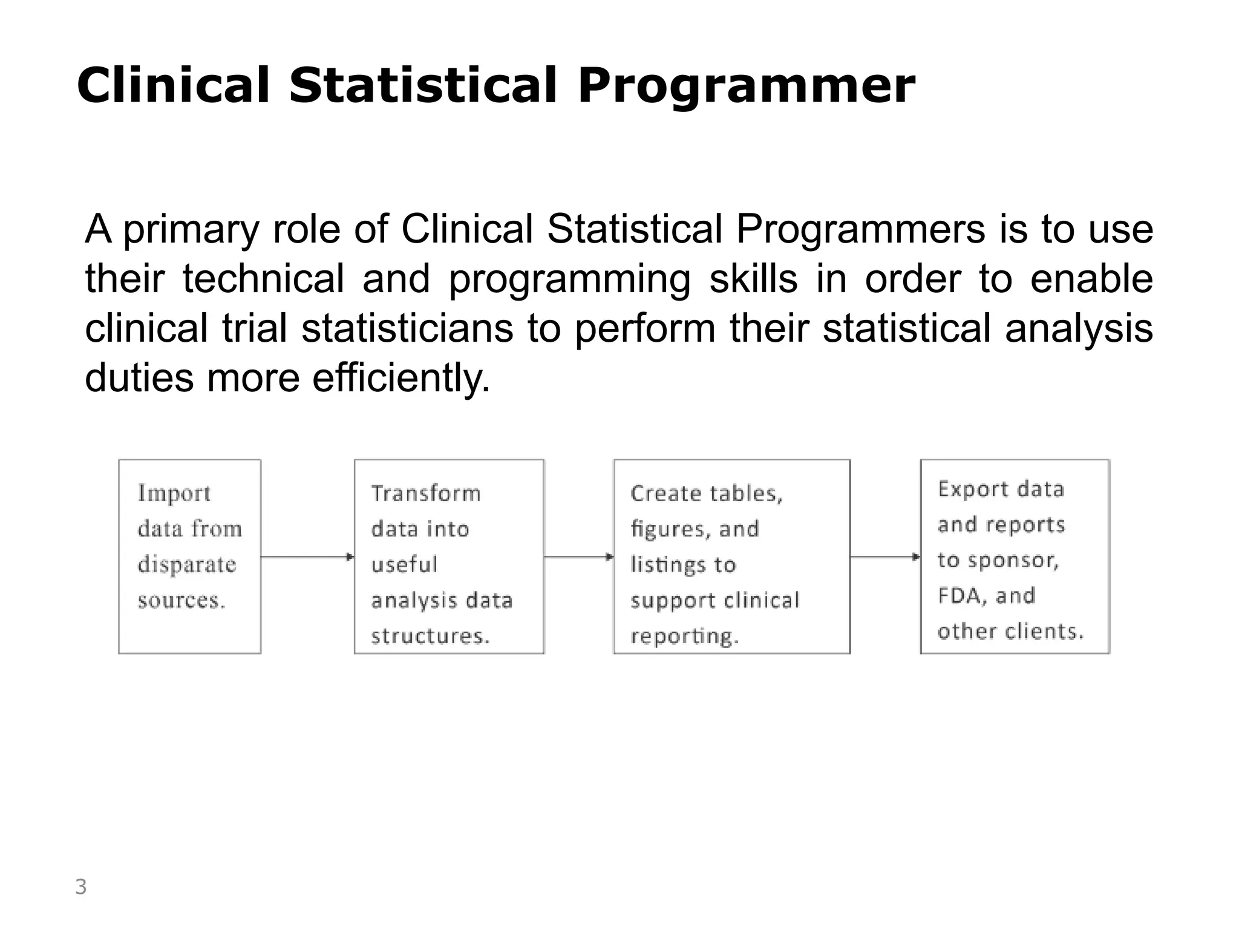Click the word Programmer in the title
tap(746, 86)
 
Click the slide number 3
tap(80, 887)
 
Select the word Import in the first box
tap(174, 494)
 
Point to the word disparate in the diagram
tap(187, 564)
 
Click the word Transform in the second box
tap(426, 494)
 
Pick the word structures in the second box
tap(430, 636)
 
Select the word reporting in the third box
tap(684, 636)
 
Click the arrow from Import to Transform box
tap(307, 556)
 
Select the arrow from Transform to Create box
tap(579, 556)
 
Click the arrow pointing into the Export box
tap(885, 556)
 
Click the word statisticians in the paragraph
tap(407, 328)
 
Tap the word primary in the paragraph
tap(191, 230)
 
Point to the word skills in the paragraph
tap(753, 279)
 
